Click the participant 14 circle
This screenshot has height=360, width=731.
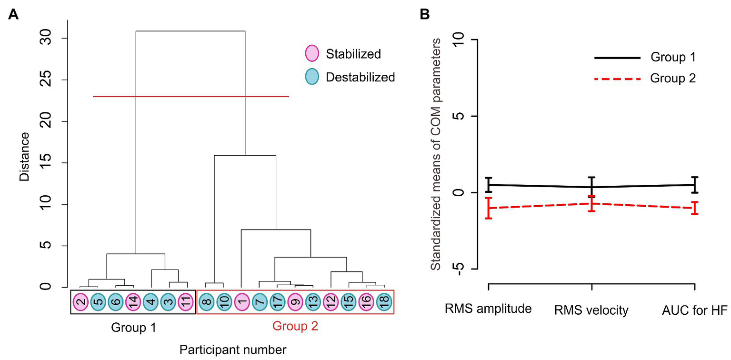click(132, 301)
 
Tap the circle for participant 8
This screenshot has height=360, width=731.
click(205, 301)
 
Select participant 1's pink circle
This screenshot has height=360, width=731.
click(241, 301)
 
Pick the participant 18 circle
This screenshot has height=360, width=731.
click(384, 301)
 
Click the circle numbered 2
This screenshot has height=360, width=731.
click(80, 301)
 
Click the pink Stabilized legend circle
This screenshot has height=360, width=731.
click(312, 54)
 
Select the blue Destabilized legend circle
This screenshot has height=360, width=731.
click(312, 76)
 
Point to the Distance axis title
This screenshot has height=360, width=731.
click(25, 157)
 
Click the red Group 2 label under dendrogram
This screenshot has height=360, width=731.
click(295, 327)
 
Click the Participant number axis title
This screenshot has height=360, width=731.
click(233, 350)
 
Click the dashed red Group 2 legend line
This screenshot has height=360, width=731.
click(617, 78)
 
